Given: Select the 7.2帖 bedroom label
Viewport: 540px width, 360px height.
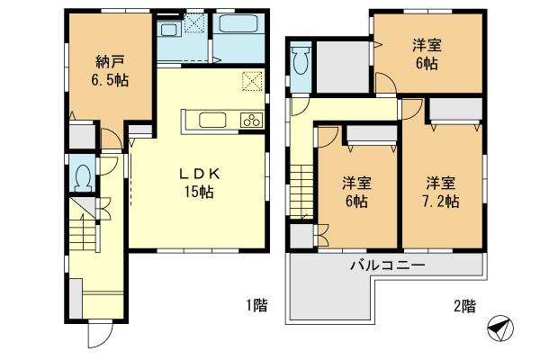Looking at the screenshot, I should (442, 192).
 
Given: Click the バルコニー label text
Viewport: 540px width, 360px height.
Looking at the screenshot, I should (387, 265).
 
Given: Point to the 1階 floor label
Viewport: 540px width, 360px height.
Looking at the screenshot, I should (256, 306).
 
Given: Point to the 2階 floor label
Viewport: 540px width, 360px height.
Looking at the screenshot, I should (463, 306).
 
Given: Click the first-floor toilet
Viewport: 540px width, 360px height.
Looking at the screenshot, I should (83, 175).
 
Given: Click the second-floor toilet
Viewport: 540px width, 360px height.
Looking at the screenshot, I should (301, 63).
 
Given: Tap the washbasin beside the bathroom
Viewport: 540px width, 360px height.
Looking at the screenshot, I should (169, 31).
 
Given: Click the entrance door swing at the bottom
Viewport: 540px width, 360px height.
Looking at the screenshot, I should (97, 335).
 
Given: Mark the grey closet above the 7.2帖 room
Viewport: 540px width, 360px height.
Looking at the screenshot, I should (454, 108).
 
